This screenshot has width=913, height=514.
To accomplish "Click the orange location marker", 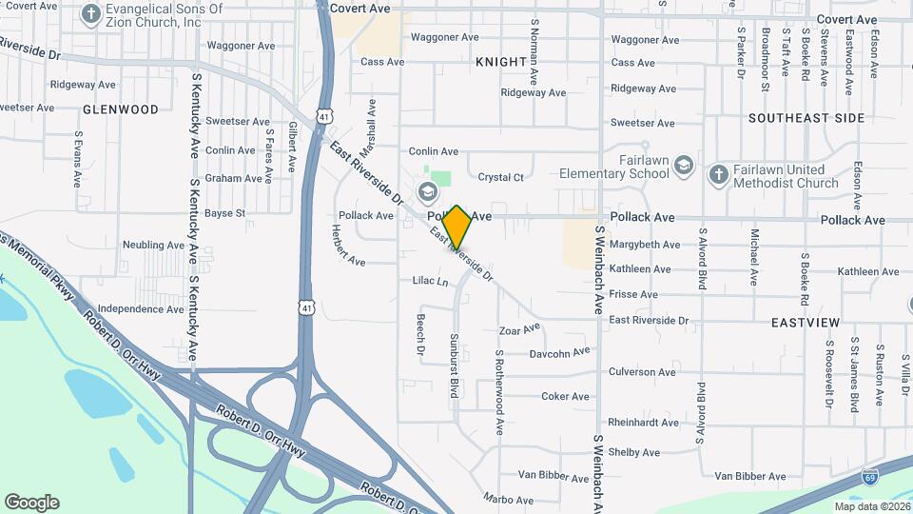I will tap(456, 227).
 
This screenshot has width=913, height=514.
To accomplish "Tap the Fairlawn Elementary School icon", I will tap(684, 168).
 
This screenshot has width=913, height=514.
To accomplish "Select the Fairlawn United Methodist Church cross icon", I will tap(718, 173).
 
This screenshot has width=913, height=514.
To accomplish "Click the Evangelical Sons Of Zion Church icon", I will tap(90, 14).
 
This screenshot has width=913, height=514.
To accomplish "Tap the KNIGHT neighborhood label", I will tap(500, 62).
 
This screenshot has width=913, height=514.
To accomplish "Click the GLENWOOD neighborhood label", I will tap(121, 109).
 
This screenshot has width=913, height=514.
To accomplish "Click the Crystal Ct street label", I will tap(500, 177).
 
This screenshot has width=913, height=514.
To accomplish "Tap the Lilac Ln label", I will tap(430, 282).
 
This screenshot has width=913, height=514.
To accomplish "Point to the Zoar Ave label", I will tap(519, 330).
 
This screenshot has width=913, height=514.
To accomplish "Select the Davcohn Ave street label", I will tap(559, 352).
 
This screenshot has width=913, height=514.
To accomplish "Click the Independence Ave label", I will tap(141, 309).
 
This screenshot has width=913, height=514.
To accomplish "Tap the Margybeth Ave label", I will tap(645, 245).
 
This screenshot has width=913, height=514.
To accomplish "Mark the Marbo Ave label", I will tap(508, 499).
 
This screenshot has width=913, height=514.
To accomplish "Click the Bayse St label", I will tap(225, 213).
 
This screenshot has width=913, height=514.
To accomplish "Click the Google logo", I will tap(31, 503).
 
